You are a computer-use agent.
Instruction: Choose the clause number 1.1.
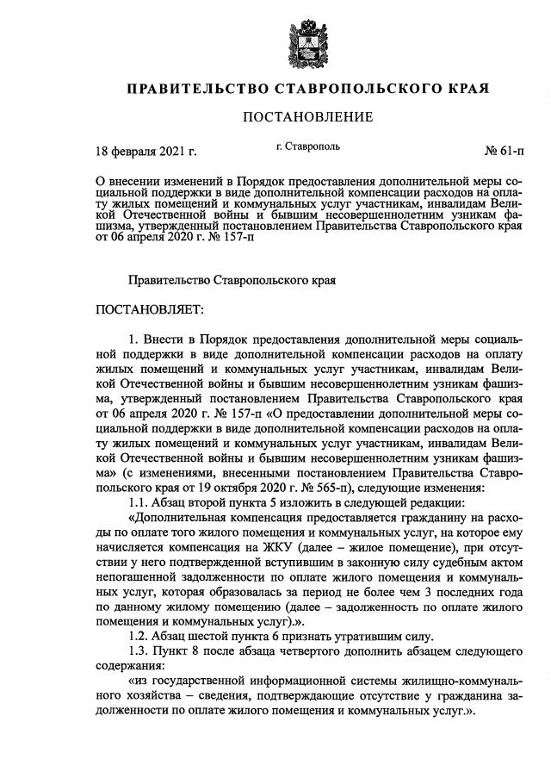click(x=140, y=502)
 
